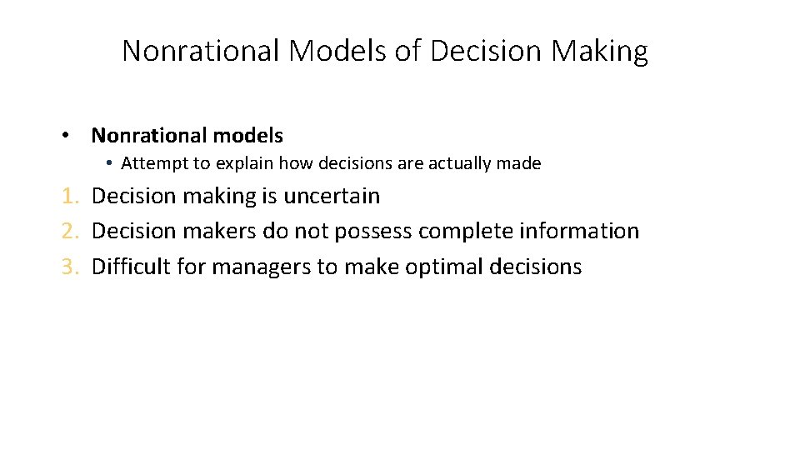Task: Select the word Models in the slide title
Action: click(x=337, y=51)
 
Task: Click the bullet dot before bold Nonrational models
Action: click(x=64, y=136)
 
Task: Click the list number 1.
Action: click(x=70, y=197)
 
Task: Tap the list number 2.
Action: click(x=70, y=232)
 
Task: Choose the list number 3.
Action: click(x=70, y=267)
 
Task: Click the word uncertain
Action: click(x=332, y=197)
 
